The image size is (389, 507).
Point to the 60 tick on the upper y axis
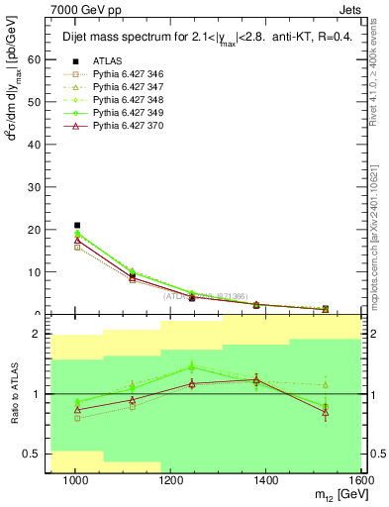point(36,59)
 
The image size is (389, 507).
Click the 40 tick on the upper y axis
point(36,145)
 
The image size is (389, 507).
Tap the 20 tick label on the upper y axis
point(36,230)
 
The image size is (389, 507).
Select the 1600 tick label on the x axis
point(360,481)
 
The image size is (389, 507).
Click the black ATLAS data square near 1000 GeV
point(77,226)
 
